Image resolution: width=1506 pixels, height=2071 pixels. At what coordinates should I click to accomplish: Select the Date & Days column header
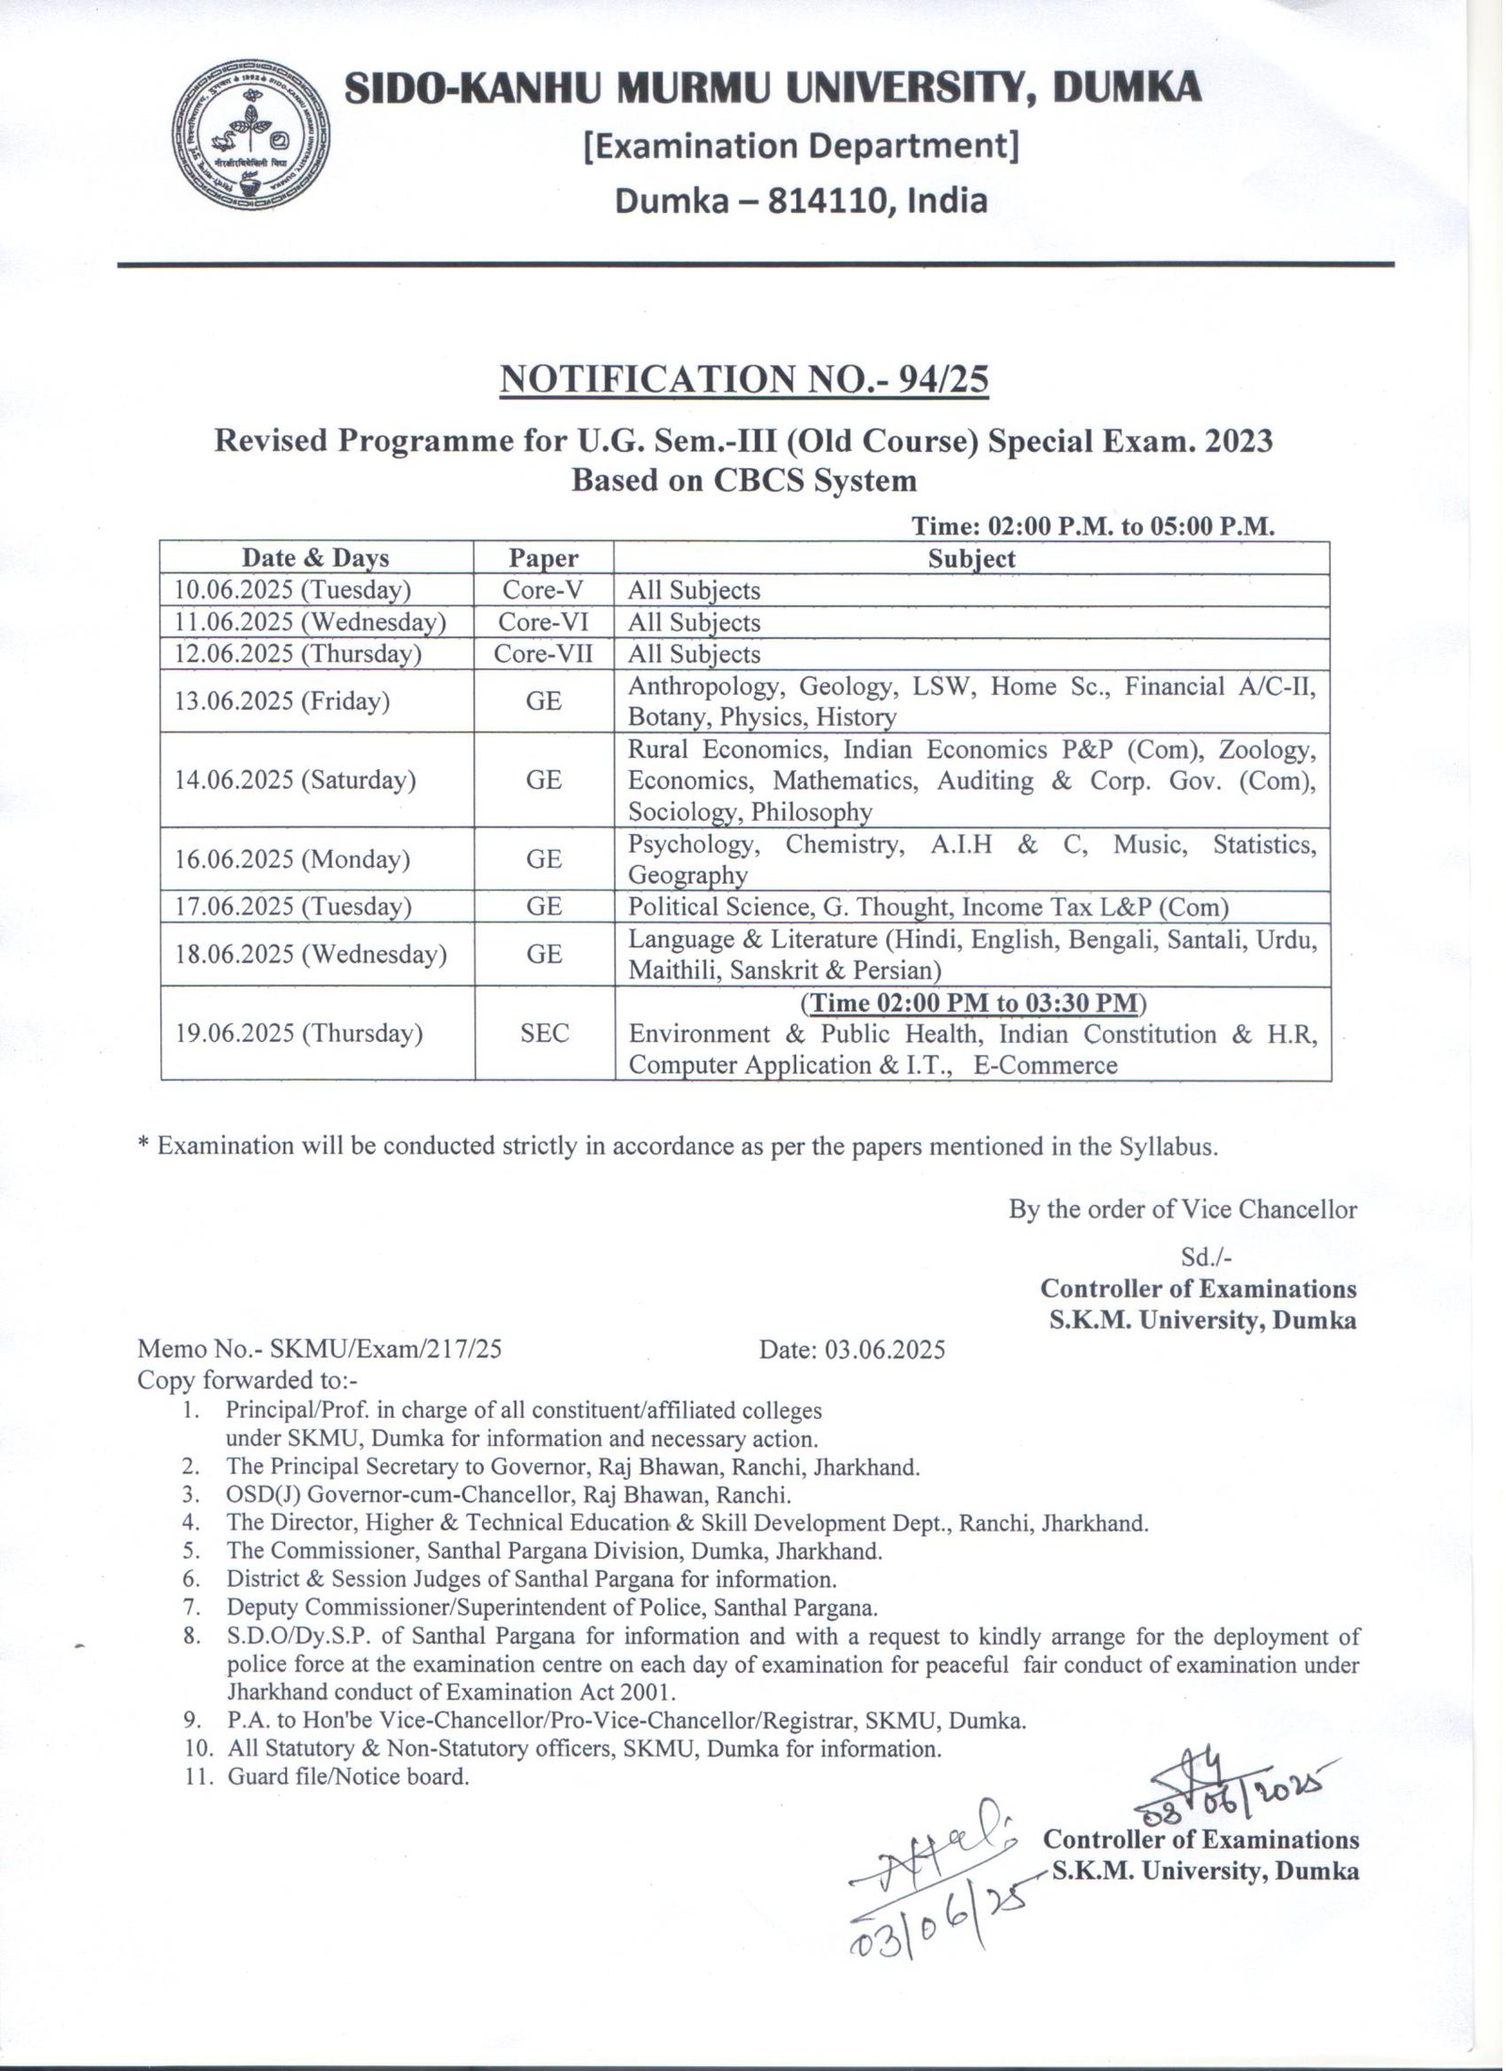(315, 558)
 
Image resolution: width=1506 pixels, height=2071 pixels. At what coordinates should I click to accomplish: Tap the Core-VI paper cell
(543, 622)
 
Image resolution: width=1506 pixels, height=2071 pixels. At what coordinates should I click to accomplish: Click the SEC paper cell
(544, 1033)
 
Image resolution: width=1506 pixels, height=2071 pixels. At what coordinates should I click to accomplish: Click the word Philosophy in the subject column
(811, 811)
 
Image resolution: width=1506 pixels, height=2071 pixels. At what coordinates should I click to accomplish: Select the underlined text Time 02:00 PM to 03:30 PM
(972, 1003)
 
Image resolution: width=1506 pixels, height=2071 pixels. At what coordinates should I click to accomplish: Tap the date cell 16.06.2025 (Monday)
(292, 859)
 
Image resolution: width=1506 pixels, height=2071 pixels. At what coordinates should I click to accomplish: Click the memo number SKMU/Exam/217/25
(386, 1350)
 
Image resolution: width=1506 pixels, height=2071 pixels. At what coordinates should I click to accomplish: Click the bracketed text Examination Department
(801, 147)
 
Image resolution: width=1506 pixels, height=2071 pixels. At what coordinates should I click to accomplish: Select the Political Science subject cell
(929, 907)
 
